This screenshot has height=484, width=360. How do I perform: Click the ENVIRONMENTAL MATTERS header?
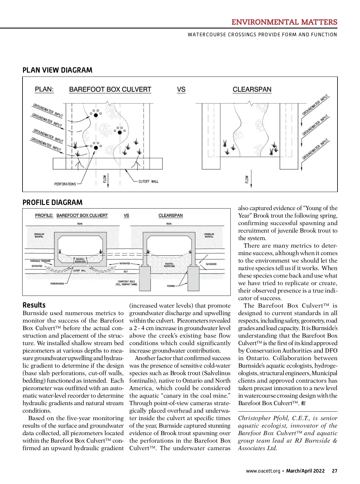pyautogui.click(x=284, y=22)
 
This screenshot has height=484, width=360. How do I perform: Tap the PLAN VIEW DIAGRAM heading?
pyautogui.click(x=57, y=70)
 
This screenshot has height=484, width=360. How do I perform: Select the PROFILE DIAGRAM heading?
pyautogui.click(x=52, y=203)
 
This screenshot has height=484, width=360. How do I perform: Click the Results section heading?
pyautogui.click(x=34, y=305)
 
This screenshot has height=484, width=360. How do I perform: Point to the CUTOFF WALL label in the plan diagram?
pyautogui.click(x=148, y=182)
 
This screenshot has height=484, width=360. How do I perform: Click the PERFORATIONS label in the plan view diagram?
pyautogui.click(x=65, y=184)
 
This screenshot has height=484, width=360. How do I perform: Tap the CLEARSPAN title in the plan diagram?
pyautogui.click(x=252, y=89)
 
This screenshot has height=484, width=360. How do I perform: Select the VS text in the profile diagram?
pyautogui.click(x=126, y=215)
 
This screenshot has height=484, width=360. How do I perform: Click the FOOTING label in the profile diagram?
pyautogui.click(x=171, y=286)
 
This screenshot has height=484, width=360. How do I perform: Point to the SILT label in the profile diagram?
pyautogui.click(x=126, y=272)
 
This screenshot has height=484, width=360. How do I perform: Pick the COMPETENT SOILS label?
pyautogui.click(x=126, y=283)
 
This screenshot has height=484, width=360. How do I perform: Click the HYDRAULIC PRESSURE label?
pyautogui.click(x=40, y=261)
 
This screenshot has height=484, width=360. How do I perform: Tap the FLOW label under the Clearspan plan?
pyautogui.click(x=247, y=179)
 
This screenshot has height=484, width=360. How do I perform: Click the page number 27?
pyautogui.click(x=334, y=471)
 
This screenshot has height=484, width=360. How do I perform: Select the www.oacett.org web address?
pyautogui.click(x=263, y=471)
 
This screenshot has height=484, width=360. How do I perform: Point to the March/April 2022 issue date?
pyautogui.click(x=305, y=471)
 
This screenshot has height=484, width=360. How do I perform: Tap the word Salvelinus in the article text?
pyautogui.click(x=216, y=373)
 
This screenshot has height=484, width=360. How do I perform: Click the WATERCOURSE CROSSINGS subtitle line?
pyautogui.click(x=262, y=35)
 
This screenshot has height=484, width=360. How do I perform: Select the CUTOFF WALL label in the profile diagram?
pyautogui.click(x=79, y=271)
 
